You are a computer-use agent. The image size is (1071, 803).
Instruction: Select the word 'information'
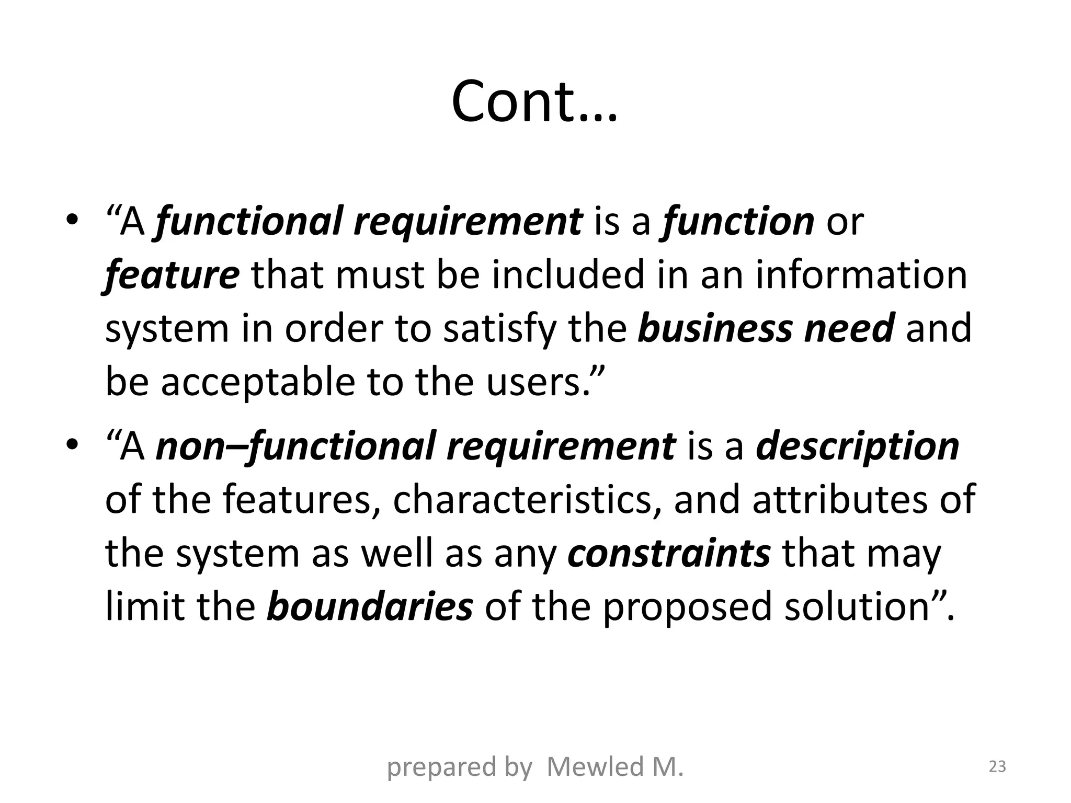pos(861,276)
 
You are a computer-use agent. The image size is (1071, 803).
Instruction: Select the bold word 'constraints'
pos(669,554)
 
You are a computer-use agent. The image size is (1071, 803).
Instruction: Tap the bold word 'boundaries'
pos(370,606)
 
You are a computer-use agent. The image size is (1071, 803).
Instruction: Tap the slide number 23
pos(997,767)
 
